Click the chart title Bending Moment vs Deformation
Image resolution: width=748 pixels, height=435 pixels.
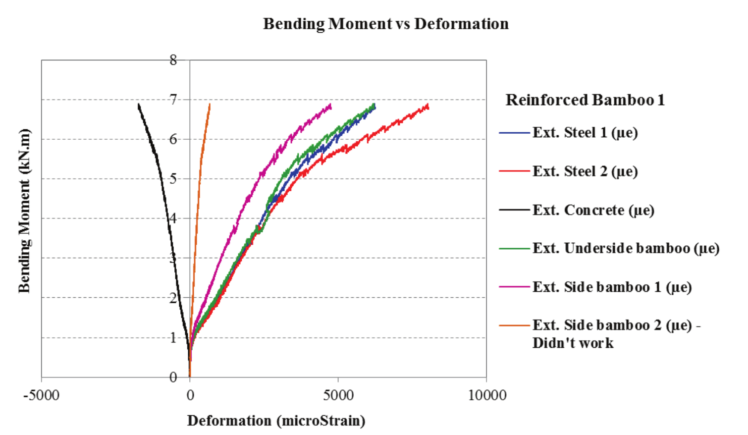385,24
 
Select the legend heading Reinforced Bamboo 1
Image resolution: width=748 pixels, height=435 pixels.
585,100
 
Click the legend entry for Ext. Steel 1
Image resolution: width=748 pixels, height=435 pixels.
585,133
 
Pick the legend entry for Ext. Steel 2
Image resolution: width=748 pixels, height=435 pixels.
585,171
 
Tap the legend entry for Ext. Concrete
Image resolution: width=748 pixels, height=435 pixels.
593,210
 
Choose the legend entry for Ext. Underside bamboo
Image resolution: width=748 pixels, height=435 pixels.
626,248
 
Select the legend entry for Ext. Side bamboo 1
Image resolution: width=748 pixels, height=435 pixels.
612,287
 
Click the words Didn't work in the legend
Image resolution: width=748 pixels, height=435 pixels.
573,343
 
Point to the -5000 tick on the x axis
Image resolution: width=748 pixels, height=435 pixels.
42,395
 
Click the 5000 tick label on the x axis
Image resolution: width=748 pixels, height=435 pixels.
338,395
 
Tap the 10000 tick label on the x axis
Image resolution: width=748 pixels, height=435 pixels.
487,395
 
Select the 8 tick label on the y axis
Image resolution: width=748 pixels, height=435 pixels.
173,60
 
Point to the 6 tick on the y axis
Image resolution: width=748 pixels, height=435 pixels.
173,139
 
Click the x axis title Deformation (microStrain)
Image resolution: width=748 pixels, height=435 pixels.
276,421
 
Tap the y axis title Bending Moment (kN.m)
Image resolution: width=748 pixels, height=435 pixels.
24,211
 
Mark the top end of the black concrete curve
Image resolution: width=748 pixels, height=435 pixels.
139,104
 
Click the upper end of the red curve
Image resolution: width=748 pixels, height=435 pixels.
428,106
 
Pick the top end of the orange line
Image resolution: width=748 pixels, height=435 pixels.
210,104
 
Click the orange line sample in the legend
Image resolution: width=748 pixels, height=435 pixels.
514,326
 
